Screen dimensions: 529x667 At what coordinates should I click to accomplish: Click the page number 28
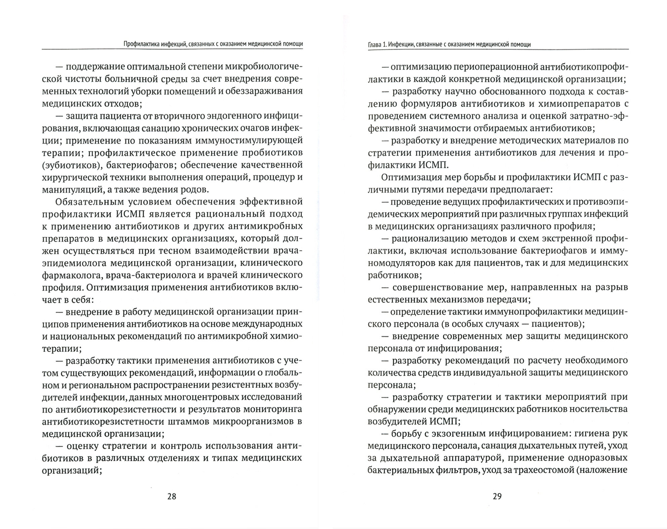tap(171, 496)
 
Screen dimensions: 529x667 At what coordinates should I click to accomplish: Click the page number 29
tap(497, 496)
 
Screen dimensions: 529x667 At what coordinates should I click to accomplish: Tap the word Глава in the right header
tap(374, 44)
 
